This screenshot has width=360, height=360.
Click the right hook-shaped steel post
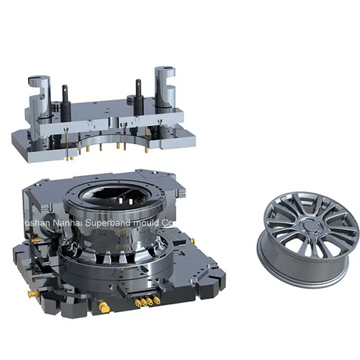pos(165,86)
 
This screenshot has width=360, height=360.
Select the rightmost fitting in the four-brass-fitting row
pos(157,299)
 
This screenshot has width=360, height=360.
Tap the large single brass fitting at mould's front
pos(103,308)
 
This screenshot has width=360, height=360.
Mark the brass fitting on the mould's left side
pos(34,294)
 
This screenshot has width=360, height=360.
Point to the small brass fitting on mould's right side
pos(193,241)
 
